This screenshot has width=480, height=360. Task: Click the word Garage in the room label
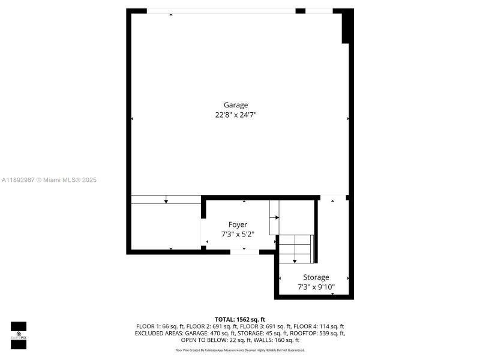coord(236,105)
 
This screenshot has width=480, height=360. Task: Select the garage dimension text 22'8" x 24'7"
coord(239,115)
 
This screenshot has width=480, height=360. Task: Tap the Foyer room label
coord(238,224)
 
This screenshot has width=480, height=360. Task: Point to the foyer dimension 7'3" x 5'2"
coord(238,234)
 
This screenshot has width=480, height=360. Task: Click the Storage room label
coord(316,277)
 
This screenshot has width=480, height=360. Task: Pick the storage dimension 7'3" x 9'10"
coord(316,287)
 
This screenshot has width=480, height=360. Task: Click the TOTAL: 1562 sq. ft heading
coord(240,319)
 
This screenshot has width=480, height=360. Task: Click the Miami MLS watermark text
coord(49,180)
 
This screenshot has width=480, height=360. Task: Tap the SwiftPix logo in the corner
coord(19,335)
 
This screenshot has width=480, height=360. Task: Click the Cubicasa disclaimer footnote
coord(240,350)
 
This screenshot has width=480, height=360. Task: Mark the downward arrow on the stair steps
coord(295,260)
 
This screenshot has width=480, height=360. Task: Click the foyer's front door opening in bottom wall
coord(245,251)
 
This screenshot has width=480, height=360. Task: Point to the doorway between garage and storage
coord(333,197)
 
